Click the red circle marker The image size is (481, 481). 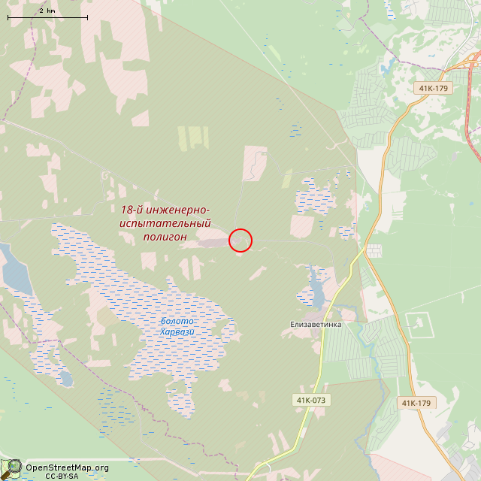click(x=240, y=240)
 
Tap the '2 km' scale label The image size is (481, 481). click(x=47, y=10)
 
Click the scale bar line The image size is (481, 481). click(x=47, y=17)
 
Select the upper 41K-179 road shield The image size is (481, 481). click(x=433, y=89)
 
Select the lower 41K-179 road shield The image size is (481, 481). click(x=416, y=403)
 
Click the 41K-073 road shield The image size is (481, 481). click(x=310, y=400)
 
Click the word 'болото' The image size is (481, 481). click(x=177, y=322)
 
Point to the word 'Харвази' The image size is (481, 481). click(x=177, y=331)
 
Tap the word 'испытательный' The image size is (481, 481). click(x=165, y=223)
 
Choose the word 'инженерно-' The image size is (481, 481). click(x=178, y=210)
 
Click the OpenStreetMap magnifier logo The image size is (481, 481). click(x=13, y=467)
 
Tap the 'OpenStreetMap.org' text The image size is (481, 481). click(x=67, y=467)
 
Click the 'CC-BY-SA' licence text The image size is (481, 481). click(x=62, y=476)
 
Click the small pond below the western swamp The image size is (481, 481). click(x=66, y=378)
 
